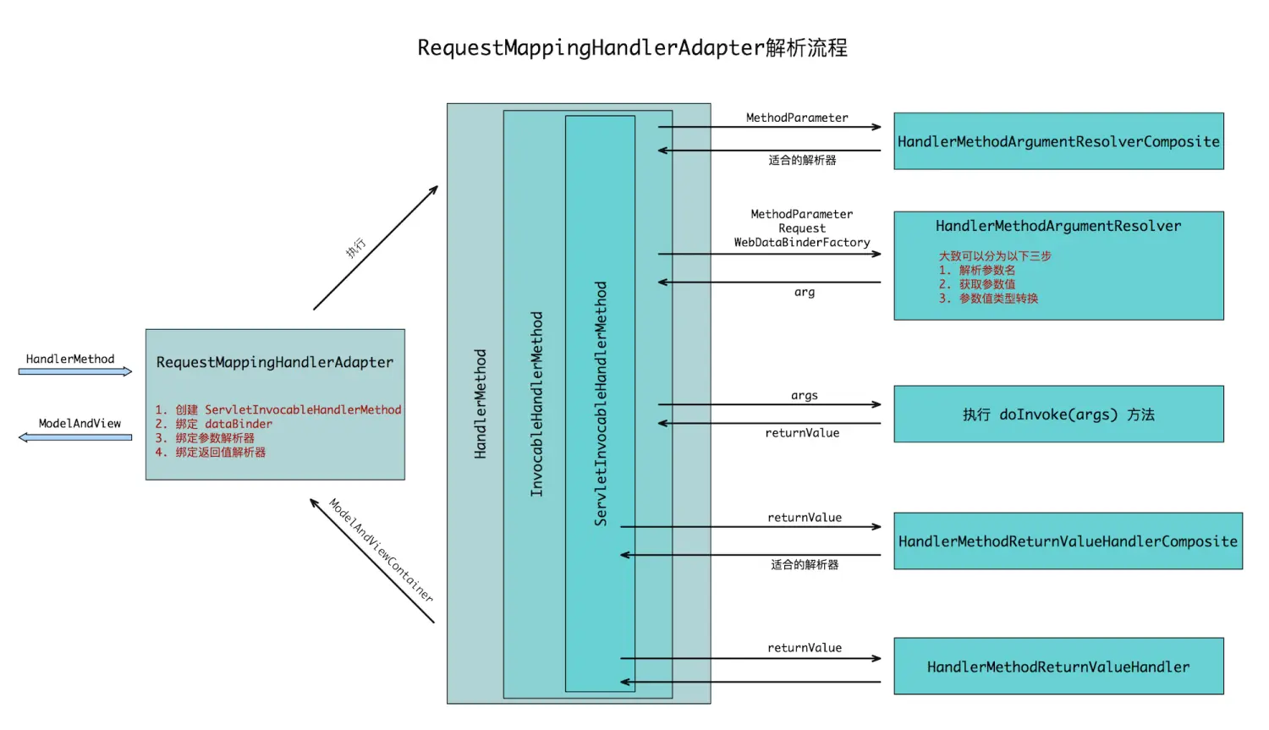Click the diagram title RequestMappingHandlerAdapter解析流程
[632, 48]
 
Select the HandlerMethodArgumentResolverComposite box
[1058, 141]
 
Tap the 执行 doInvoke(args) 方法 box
[1058, 414]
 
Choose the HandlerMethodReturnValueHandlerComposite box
[1068, 541]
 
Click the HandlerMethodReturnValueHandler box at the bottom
[1058, 667]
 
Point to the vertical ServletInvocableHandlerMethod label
[601, 403]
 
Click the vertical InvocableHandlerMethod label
[536, 403]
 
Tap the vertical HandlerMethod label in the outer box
[481, 403]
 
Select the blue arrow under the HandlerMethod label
[75, 371]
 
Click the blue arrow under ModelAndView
[75, 437]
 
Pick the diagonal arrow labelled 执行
[376, 248]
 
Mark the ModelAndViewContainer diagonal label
[381, 550]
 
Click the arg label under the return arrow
[805, 292]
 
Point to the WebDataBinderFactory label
[802, 243]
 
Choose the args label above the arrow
[805, 395]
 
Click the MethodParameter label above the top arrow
[797, 118]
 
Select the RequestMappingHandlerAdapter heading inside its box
[275, 362]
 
